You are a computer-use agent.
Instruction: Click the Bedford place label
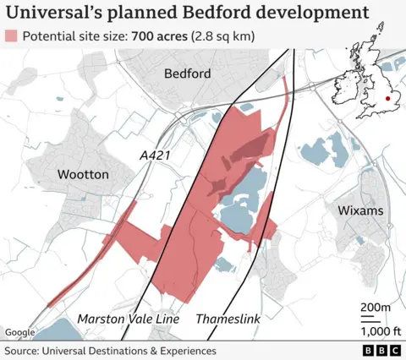click(187, 74)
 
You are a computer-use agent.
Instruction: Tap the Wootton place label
click(83, 173)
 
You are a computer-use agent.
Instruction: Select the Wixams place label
click(360, 210)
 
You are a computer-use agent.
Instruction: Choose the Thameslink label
click(228, 319)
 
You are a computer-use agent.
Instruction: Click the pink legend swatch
click(12, 37)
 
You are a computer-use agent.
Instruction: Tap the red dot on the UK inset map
click(387, 99)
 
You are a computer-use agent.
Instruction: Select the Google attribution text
click(19, 333)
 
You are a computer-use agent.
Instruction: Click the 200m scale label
click(376, 306)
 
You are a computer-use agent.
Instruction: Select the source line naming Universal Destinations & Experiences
click(110, 350)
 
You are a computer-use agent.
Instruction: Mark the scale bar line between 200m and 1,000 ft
click(373, 318)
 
